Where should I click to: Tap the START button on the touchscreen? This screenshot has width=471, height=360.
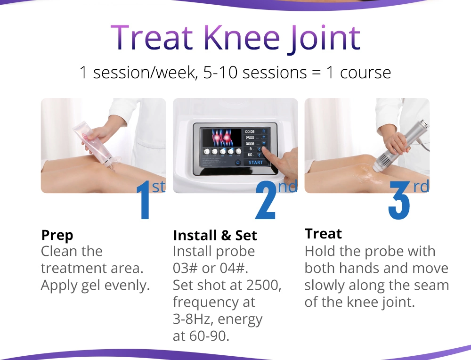(256, 163)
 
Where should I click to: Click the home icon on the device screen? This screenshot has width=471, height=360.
(238, 163)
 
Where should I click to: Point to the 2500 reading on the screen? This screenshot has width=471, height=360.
(250, 138)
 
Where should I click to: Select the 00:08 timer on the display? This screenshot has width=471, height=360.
(250, 131)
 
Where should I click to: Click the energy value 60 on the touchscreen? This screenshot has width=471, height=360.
(250, 155)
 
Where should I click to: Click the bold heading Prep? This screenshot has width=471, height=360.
(57, 235)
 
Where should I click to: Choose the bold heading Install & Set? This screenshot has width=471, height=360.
(215, 235)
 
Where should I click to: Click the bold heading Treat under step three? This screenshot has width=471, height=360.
(323, 234)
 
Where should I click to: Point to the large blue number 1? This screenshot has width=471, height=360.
(144, 203)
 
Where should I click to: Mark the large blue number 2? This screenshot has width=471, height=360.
(266, 203)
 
